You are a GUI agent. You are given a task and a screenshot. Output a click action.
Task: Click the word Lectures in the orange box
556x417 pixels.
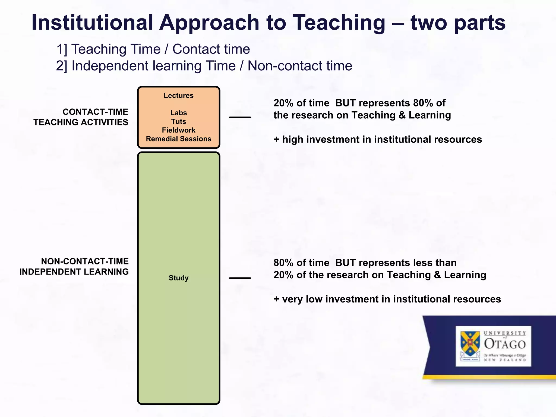(178, 96)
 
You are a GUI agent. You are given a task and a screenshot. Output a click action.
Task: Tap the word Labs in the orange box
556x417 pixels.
(178, 113)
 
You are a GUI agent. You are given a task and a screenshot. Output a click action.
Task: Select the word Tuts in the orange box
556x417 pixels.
(178, 121)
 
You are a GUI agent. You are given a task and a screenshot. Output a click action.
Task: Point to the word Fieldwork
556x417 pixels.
(178, 130)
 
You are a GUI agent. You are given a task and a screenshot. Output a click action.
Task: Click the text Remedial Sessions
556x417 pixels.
(178, 139)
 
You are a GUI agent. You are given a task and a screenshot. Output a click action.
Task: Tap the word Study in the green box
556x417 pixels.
(178, 278)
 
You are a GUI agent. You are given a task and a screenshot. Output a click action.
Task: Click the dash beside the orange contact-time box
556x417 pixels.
(240, 117)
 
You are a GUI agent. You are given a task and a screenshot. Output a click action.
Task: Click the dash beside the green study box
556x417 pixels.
(240, 278)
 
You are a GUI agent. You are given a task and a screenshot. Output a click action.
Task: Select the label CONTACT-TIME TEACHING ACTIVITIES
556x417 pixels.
(81, 117)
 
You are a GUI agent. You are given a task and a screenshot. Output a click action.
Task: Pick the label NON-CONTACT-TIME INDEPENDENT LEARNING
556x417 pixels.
(74, 266)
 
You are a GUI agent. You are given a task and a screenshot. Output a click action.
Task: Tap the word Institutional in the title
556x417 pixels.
(92, 23)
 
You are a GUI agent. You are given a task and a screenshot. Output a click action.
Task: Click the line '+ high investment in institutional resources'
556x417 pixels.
(378, 139)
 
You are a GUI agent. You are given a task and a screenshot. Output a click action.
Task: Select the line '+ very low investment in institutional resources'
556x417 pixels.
(387, 299)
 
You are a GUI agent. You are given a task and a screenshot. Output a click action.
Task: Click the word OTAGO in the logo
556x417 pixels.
(505, 344)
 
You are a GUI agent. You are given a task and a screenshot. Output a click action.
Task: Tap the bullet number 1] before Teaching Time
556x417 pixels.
(62, 49)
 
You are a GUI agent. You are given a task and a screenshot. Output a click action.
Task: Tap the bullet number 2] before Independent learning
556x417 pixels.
(62, 66)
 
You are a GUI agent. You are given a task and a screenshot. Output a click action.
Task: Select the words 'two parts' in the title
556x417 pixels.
(458, 23)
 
